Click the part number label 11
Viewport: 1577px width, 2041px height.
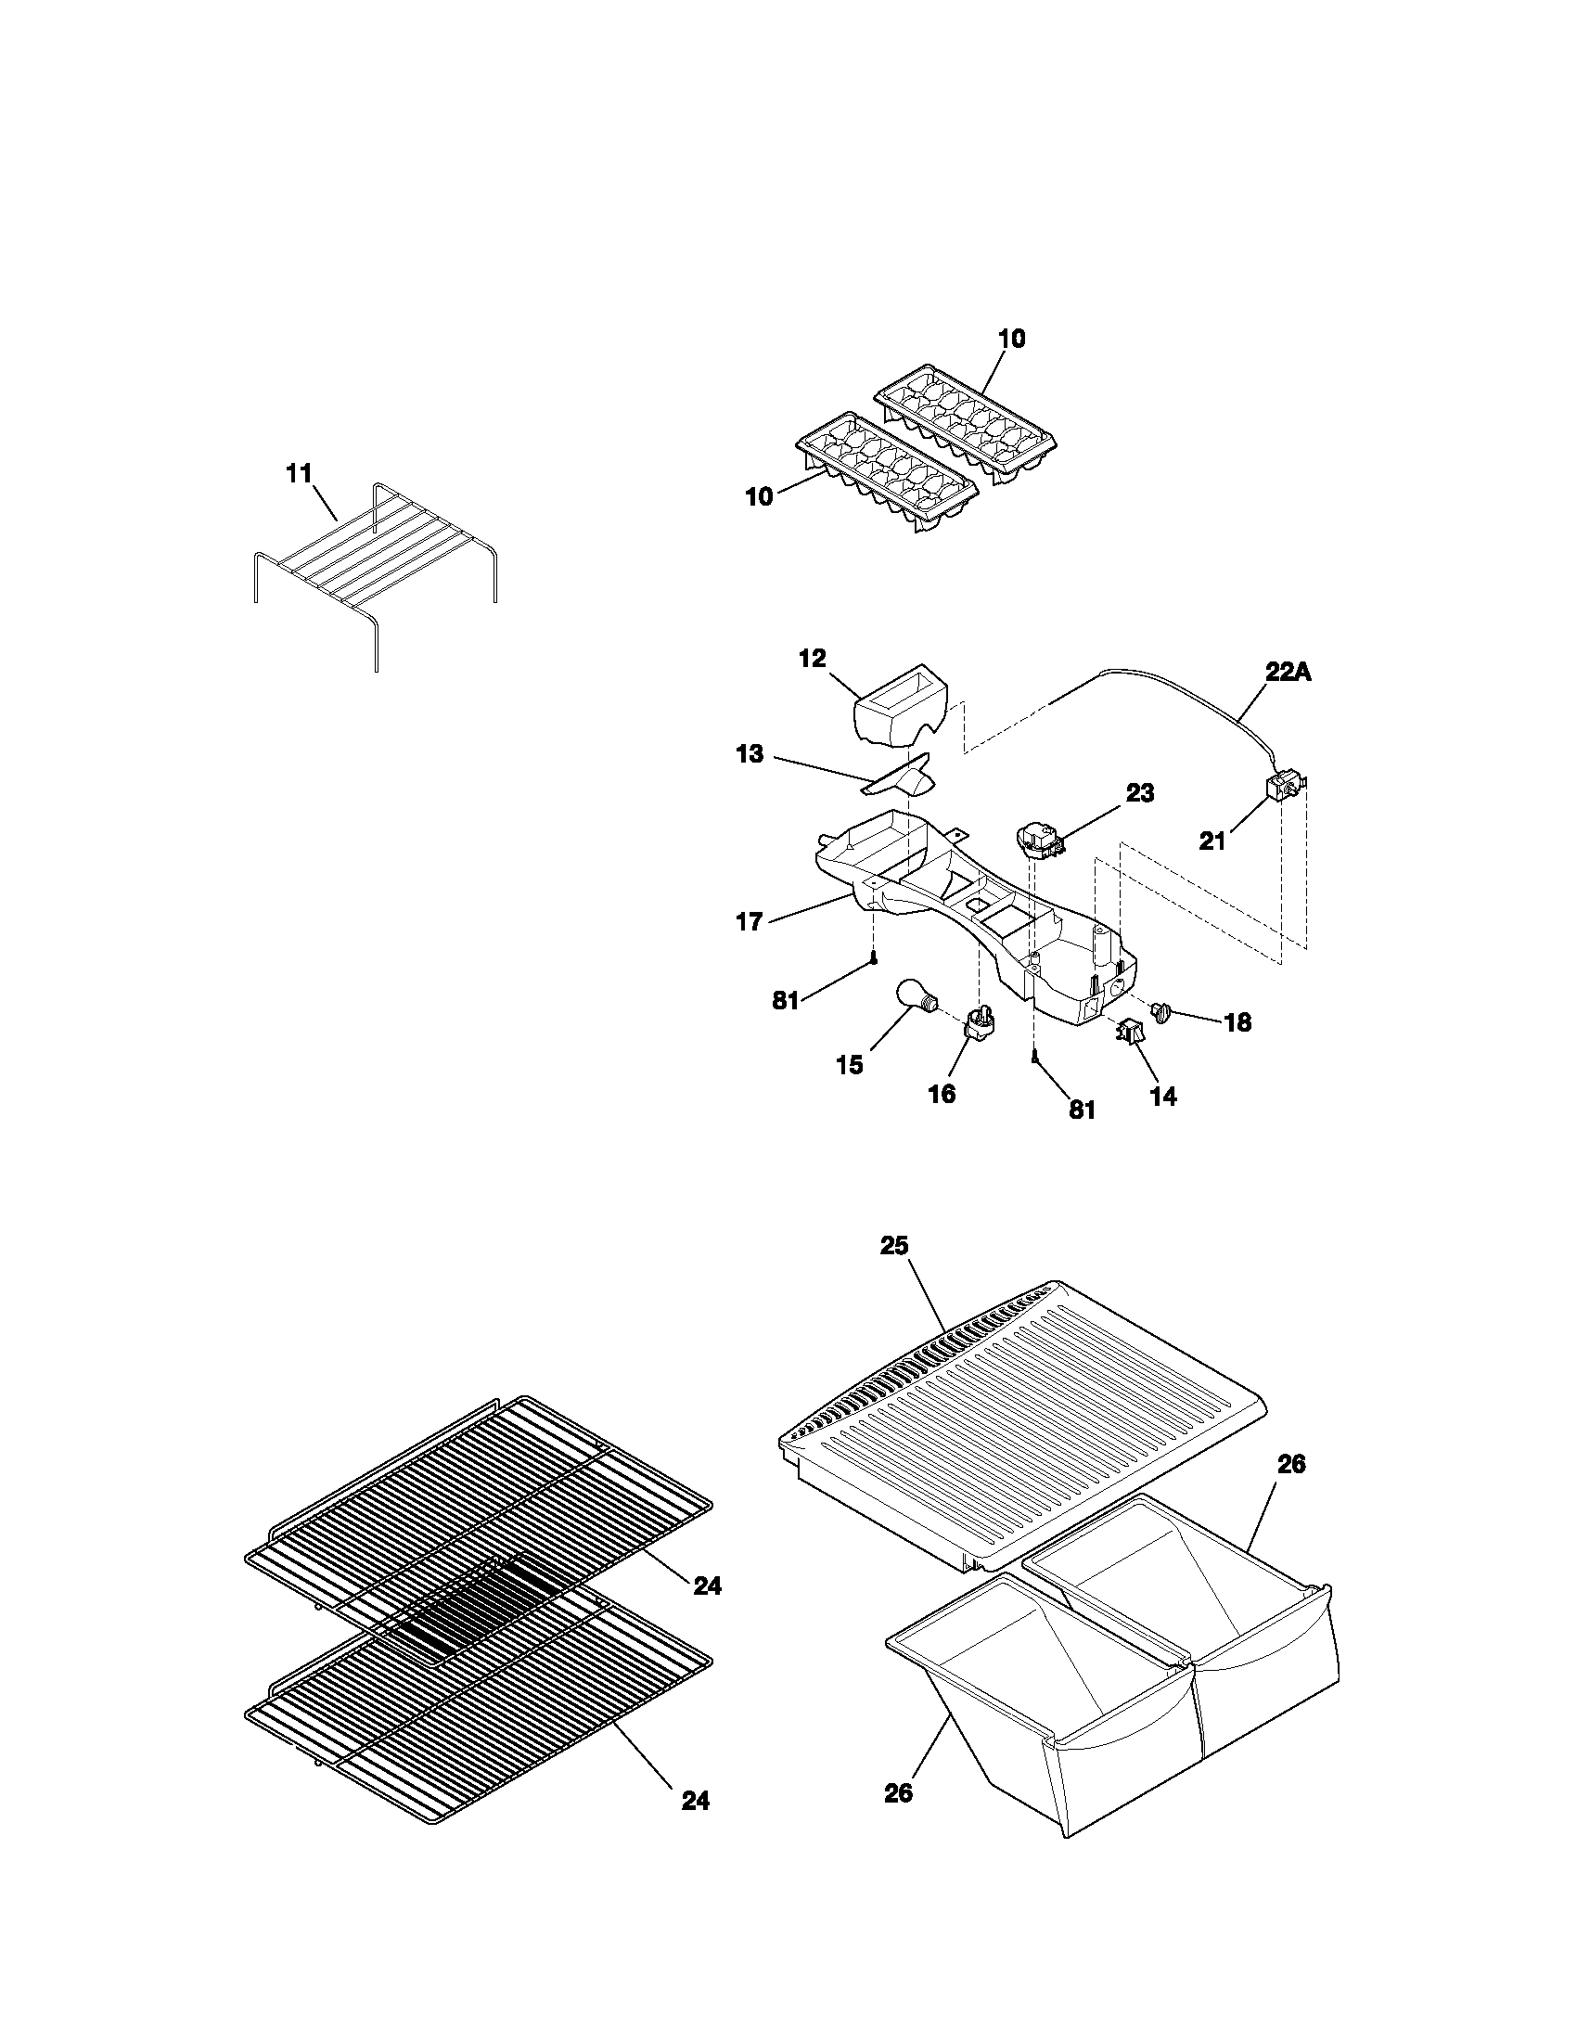(298, 474)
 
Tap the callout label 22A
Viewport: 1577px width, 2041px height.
(1289, 672)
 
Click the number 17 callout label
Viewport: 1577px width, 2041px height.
(750, 922)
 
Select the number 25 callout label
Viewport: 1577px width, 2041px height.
(893, 1246)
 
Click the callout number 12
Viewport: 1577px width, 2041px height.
(813, 659)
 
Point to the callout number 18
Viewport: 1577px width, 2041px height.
(1237, 1022)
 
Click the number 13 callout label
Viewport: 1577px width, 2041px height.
(750, 754)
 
